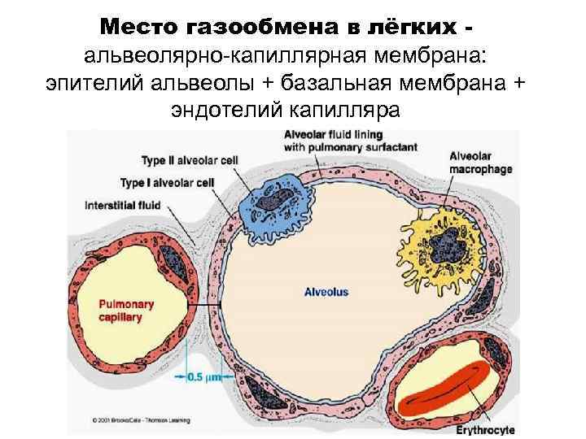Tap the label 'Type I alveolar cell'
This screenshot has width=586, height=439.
(168, 182)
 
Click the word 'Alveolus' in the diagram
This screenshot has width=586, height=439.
(326, 290)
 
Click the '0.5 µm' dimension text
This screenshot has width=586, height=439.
(206, 376)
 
